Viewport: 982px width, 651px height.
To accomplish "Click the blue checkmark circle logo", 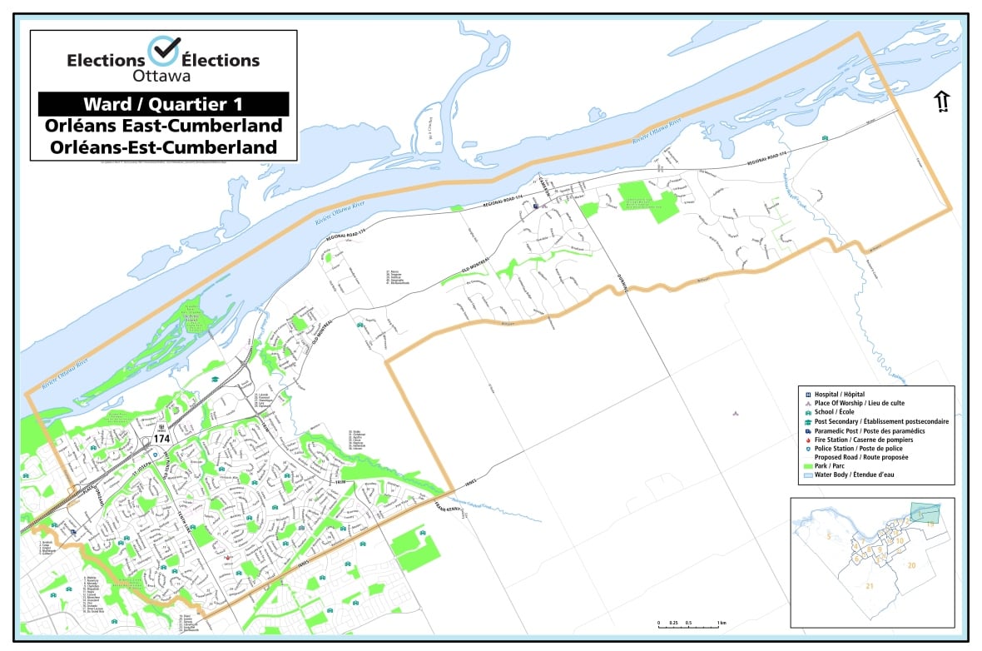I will tap(163, 51).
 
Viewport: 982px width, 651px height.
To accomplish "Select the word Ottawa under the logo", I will tap(163, 76).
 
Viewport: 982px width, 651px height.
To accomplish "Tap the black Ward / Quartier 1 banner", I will tap(163, 104).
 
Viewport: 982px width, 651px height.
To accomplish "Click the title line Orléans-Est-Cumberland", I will tap(163, 147).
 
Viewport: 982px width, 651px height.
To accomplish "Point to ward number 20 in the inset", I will tap(912, 565).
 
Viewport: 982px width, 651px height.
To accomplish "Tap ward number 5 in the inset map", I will tap(828, 539).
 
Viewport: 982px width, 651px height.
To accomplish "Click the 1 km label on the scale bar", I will tap(722, 623).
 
